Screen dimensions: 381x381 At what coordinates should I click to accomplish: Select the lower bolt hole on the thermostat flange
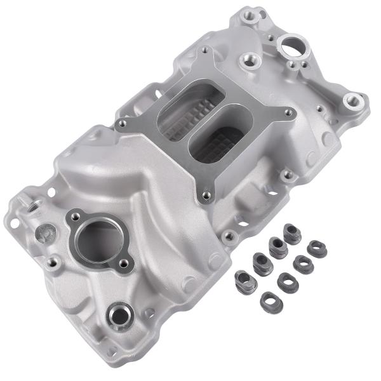click(x=123, y=263)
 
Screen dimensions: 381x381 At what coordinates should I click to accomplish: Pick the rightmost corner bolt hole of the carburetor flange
click(x=288, y=113)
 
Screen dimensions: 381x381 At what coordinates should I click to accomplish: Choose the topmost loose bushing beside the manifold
click(x=292, y=233)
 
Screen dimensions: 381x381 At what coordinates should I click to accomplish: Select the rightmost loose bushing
click(x=317, y=248)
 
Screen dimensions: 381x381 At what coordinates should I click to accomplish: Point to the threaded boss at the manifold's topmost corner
click(x=260, y=13)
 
